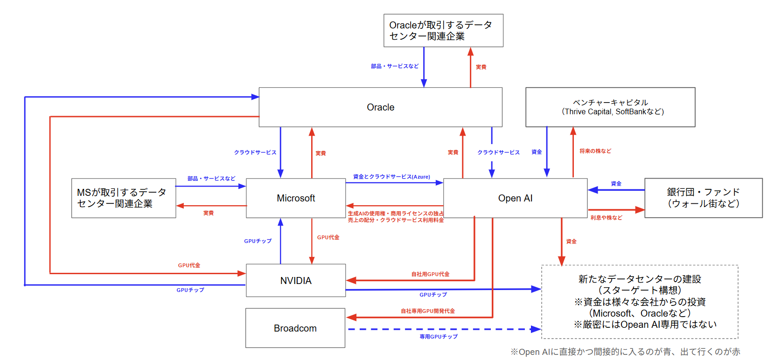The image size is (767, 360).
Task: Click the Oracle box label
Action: (x=380, y=107)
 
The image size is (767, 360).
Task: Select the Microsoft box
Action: (x=296, y=198)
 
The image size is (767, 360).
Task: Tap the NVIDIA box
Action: (x=296, y=281)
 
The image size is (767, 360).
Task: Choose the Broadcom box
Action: (x=295, y=328)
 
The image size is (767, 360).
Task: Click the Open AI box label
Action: (x=515, y=198)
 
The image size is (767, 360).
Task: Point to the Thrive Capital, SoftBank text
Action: (x=613, y=112)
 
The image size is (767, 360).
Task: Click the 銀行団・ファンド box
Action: (x=703, y=198)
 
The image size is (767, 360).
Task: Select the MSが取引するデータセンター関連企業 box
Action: (x=123, y=198)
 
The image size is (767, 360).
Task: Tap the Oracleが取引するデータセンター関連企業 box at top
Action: (x=443, y=31)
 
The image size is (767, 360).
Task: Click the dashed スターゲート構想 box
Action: (x=640, y=302)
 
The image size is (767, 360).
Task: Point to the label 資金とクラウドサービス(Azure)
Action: (x=391, y=177)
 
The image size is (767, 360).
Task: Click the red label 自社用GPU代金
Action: (x=430, y=274)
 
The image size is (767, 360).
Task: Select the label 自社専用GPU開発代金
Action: (x=428, y=311)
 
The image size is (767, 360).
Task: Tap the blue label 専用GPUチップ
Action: (x=439, y=337)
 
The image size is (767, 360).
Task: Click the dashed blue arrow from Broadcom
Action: (x=443, y=329)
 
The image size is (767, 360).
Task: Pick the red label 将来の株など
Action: (x=595, y=151)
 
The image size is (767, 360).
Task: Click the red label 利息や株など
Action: (x=606, y=218)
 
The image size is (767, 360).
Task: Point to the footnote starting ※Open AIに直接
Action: (x=625, y=352)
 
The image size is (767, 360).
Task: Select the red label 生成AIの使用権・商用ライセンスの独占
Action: (x=396, y=214)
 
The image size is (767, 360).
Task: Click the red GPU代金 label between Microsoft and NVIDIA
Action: (x=328, y=237)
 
